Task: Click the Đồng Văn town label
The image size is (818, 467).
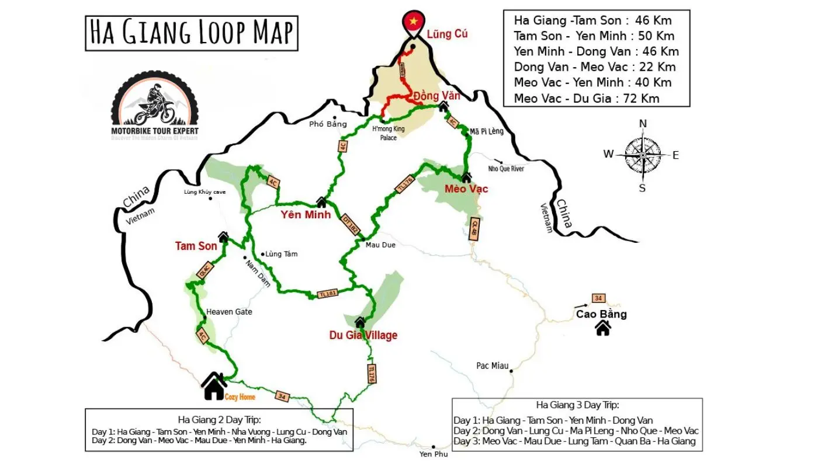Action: [x=436, y=95]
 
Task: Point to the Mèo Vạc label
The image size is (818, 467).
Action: [x=466, y=189]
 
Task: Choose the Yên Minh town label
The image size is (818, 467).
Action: [x=305, y=215]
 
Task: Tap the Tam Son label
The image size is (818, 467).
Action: [x=196, y=246]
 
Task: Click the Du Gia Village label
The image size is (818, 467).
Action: [x=363, y=335]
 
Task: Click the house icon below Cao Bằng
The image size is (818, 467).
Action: [x=602, y=329]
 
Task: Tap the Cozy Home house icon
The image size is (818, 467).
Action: [x=214, y=386]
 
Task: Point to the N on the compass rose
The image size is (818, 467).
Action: [x=643, y=124]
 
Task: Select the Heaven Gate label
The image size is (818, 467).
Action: [x=229, y=312]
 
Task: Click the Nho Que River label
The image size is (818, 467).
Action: [x=506, y=169]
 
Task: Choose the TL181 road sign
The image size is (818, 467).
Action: [x=327, y=293]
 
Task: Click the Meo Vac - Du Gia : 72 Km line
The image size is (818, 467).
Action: [x=587, y=98]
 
